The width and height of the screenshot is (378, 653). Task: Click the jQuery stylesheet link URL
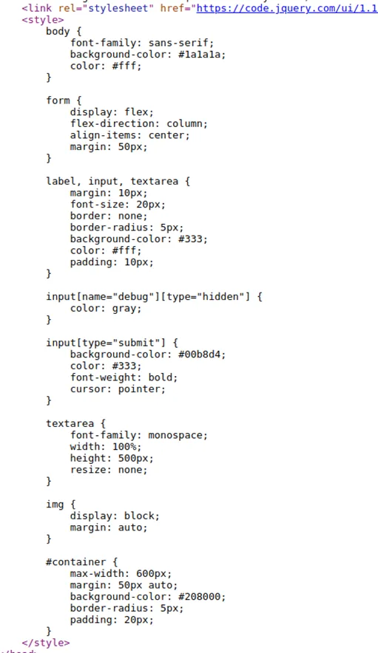point(287,8)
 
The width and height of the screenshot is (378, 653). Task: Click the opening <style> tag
point(43,19)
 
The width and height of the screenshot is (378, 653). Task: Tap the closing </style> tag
point(46,643)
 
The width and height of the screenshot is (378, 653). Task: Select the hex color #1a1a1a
point(201,54)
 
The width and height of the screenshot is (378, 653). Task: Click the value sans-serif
point(180,43)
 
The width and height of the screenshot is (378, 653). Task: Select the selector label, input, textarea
point(112,182)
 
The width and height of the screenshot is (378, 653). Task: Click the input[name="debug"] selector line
point(154,297)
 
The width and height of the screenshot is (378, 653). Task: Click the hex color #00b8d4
point(201,355)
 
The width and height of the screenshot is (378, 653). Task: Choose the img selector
point(55,505)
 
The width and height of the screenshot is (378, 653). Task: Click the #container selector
point(76,562)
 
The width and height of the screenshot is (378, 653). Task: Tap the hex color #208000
point(201,597)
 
